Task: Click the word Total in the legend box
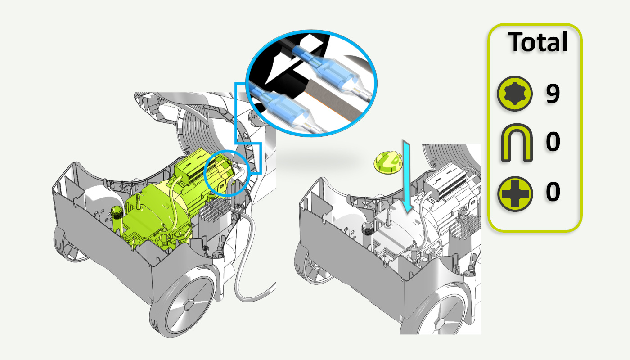[537, 42]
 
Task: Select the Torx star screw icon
[515, 94]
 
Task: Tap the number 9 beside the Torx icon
[553, 94]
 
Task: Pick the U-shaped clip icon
[517, 143]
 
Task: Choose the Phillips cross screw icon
[515, 194]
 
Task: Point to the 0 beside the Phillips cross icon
[553, 191]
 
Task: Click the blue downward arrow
[407, 176]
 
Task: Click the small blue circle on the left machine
[226, 173]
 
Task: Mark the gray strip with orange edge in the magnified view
[335, 98]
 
